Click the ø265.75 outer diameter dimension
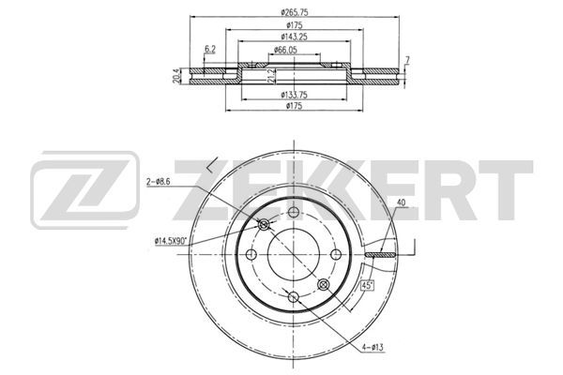[x=294, y=12]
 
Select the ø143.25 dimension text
[x=294, y=37]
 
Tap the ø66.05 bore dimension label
[x=285, y=51]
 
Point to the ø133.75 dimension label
[x=294, y=95]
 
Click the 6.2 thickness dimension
[x=210, y=50]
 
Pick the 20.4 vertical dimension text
[x=176, y=77]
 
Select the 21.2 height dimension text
[x=272, y=77]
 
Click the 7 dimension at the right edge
[x=407, y=60]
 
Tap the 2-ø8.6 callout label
[x=158, y=182]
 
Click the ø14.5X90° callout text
[x=171, y=241]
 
